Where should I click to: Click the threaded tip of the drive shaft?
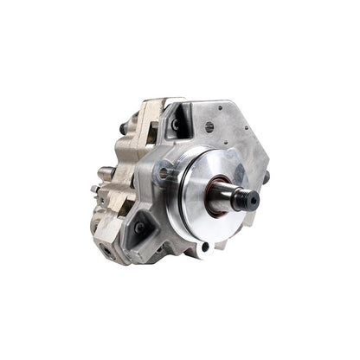251,198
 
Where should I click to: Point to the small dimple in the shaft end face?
254,199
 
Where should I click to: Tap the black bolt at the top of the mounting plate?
176,124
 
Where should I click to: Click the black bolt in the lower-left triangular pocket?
139,227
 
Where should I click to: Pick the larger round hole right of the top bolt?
209,126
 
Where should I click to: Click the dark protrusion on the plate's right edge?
266,177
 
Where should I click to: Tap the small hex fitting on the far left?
93,188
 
